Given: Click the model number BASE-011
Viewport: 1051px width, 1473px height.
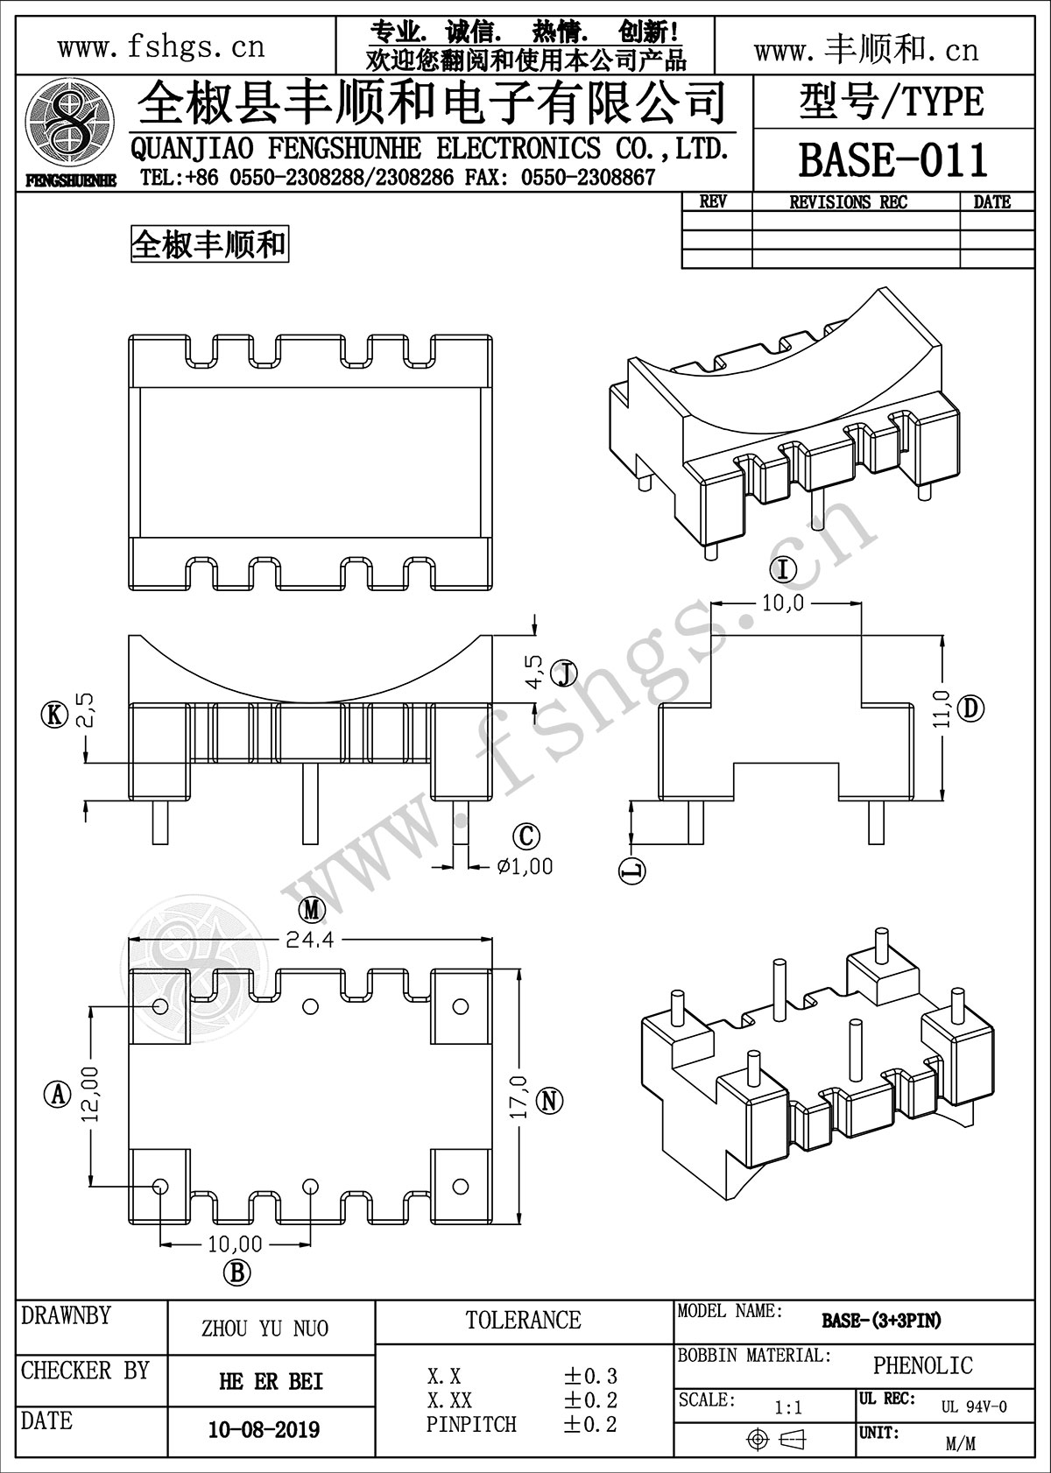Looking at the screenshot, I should [892, 159].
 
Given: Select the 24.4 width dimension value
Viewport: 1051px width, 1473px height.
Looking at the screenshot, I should [309, 940].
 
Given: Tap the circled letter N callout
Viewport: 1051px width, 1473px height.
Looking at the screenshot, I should [549, 1100].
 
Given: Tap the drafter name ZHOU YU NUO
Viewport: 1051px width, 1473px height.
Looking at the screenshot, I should [265, 1329].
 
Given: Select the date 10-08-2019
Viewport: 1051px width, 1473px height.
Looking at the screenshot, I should [264, 1430].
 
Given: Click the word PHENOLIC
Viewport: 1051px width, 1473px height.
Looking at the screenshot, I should [922, 1365].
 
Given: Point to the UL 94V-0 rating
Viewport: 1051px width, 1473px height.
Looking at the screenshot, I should [974, 1407].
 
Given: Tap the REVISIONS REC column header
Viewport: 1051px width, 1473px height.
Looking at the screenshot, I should [848, 202].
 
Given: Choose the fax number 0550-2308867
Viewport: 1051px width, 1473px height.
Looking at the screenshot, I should [588, 179].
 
